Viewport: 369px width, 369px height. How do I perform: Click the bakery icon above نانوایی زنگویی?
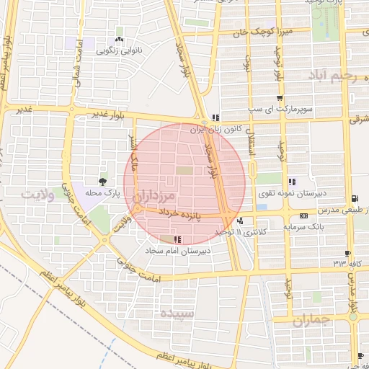[119, 40]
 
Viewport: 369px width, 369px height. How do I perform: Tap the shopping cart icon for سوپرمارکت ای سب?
[280, 98]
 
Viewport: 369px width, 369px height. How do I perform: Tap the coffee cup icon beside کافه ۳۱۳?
[348, 254]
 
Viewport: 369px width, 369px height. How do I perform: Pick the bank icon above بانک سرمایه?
[303, 215]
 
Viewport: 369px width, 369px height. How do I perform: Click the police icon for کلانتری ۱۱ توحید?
[240, 221]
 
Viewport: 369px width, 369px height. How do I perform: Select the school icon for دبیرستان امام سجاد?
[177, 239]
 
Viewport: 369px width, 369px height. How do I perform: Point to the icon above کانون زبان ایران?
[215, 117]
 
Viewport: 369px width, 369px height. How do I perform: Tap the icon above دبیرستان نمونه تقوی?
[291, 182]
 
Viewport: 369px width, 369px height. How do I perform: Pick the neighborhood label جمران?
[311, 319]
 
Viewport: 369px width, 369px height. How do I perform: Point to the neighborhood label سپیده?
[177, 314]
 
